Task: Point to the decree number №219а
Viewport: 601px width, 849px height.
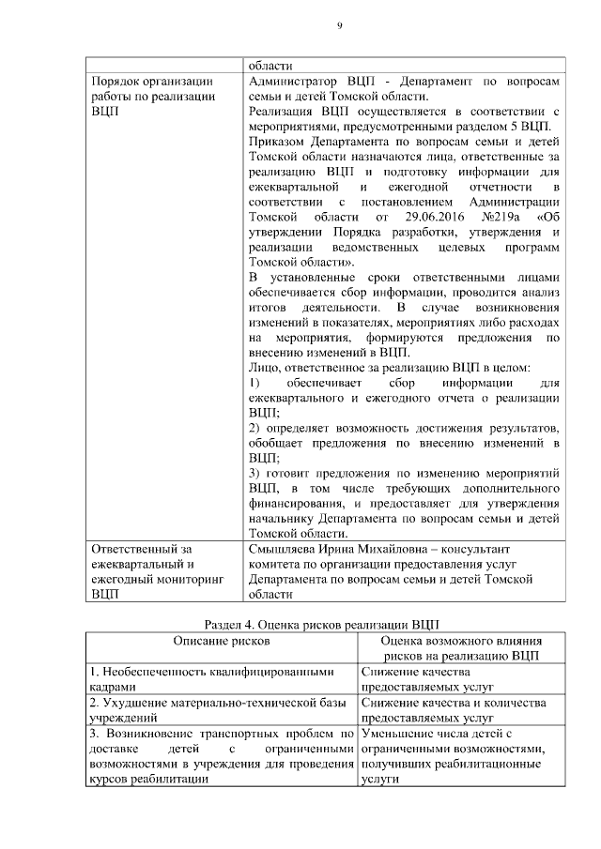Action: (508, 218)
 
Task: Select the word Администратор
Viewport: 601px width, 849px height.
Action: (292, 82)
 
